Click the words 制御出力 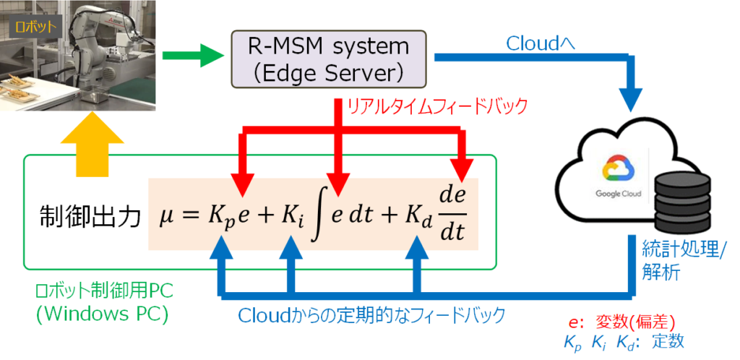click(89, 218)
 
